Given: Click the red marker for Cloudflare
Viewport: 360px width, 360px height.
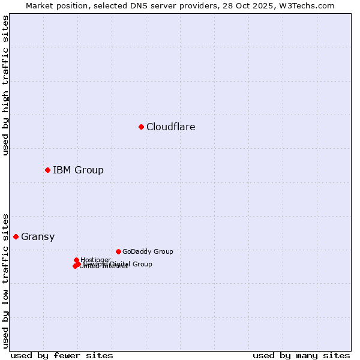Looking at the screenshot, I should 141,127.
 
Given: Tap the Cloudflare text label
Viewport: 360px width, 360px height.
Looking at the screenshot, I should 171,127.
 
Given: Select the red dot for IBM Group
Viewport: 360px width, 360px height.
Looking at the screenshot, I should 47,170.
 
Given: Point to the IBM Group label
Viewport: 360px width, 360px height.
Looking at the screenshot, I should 78,170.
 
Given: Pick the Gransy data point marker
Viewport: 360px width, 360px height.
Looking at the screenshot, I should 16,236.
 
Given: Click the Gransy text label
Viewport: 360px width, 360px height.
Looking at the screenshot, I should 38,236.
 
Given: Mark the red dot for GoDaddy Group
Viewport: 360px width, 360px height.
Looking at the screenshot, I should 118,251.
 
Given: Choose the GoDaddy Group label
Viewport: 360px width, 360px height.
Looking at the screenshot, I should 148,251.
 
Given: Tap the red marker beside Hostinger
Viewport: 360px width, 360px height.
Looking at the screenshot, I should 76,260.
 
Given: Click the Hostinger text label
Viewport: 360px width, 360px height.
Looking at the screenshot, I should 96,260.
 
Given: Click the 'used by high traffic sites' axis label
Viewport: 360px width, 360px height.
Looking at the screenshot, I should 5,86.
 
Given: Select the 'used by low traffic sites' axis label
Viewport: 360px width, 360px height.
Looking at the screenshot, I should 5,280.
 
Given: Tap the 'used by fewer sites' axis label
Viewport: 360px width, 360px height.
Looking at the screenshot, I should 62,355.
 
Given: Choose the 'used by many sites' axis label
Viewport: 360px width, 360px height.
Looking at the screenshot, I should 301,355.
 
